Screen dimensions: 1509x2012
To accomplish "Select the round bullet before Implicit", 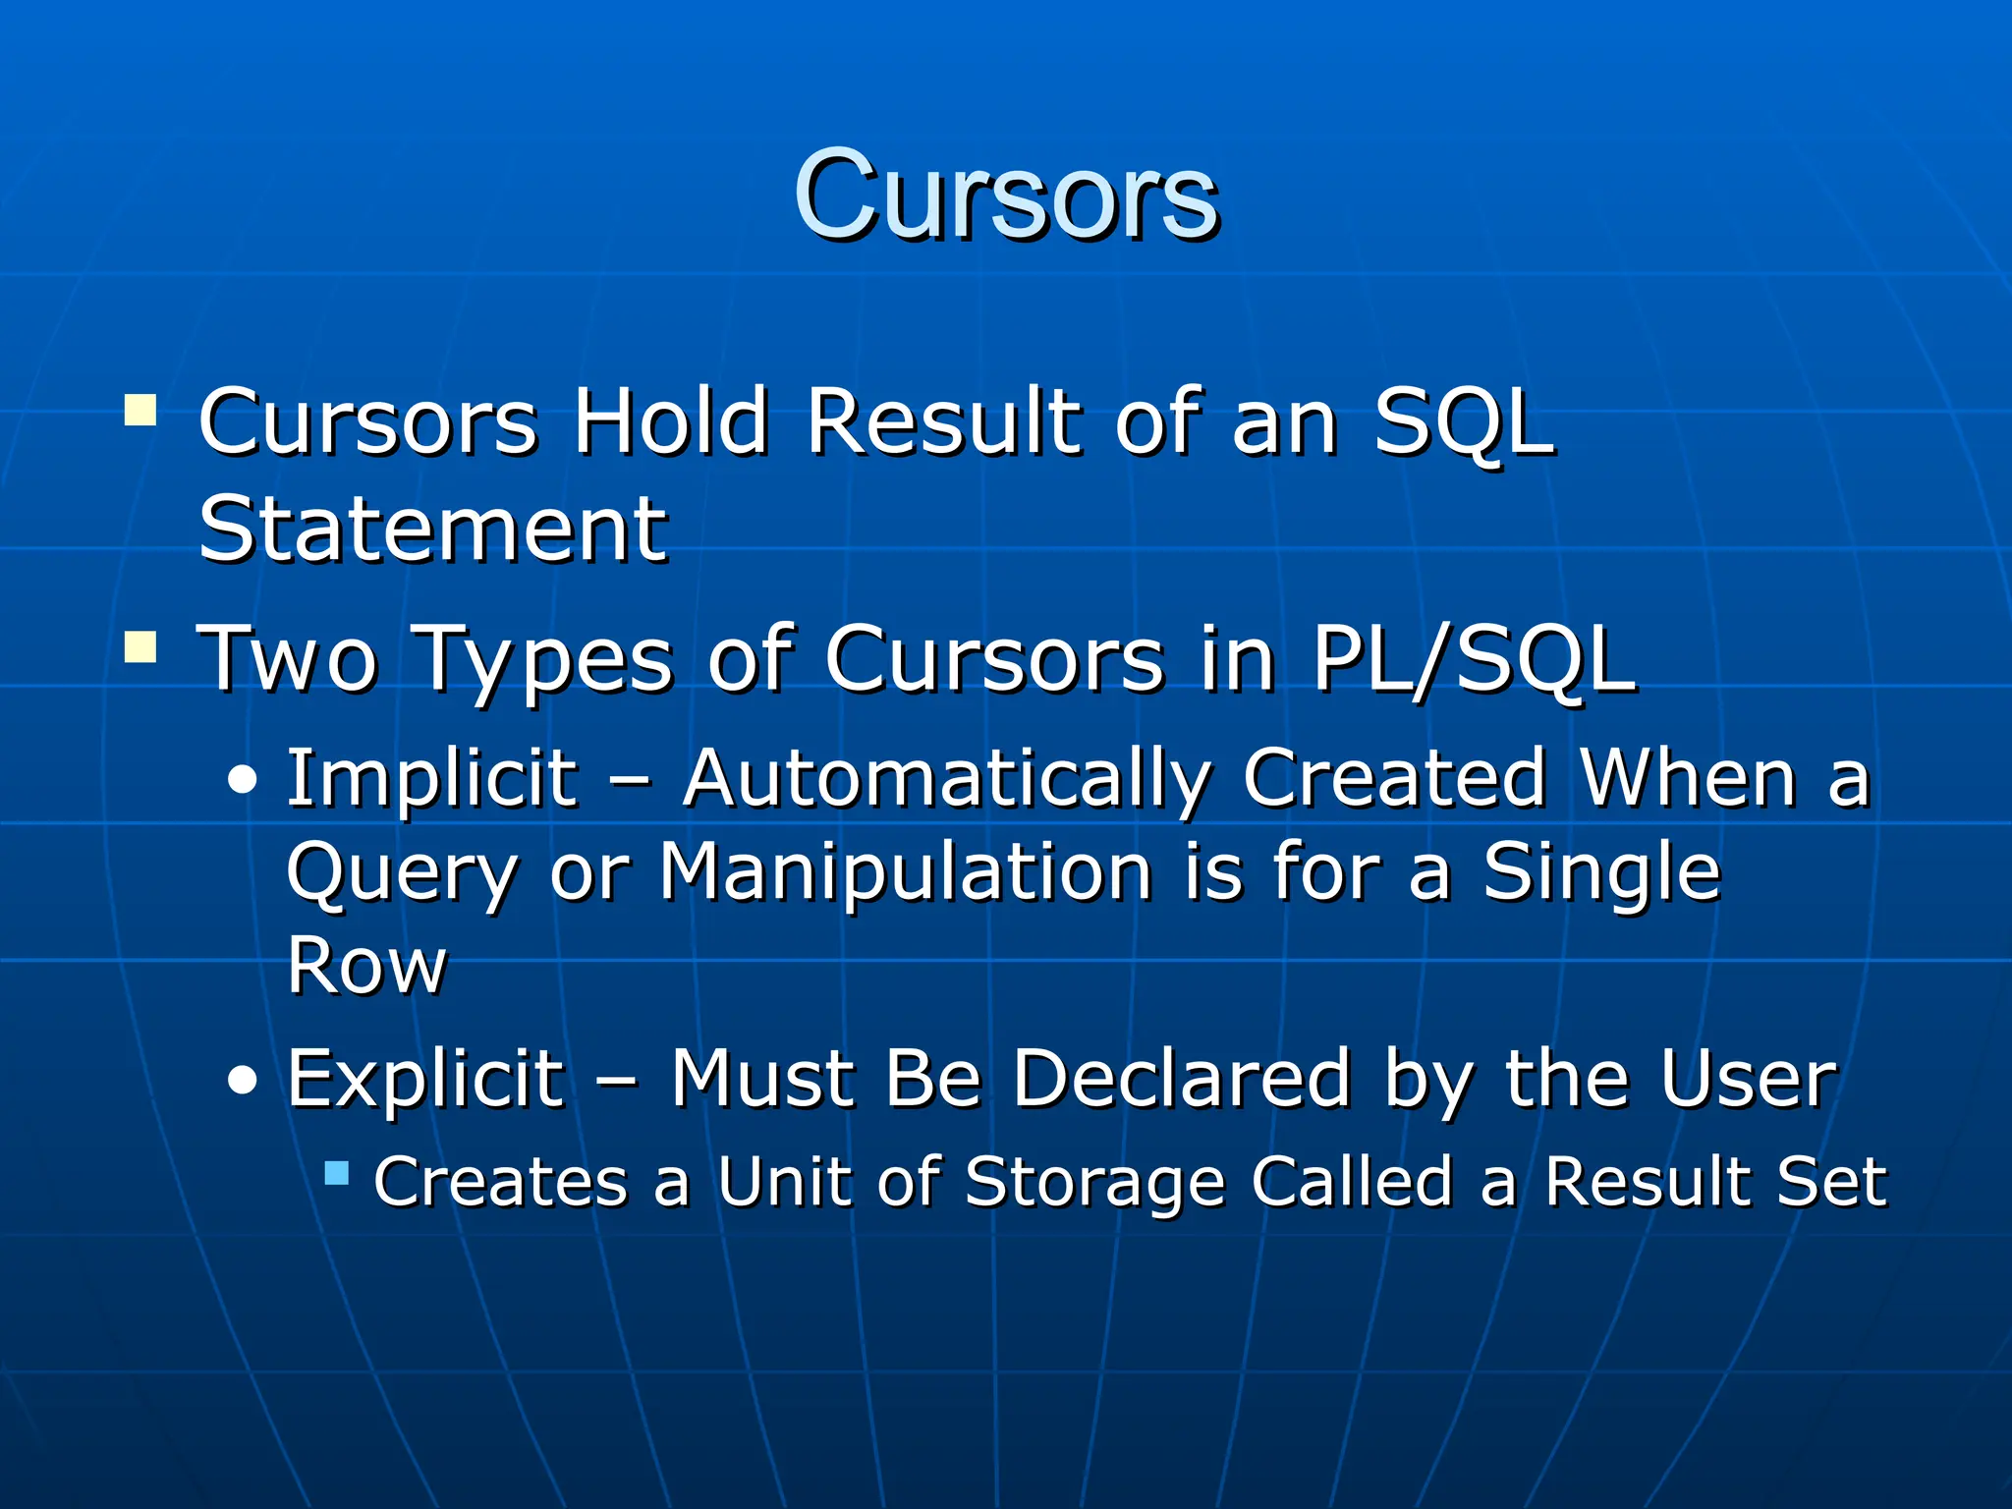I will pos(243,782).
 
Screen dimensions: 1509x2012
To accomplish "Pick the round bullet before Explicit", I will pos(243,1082).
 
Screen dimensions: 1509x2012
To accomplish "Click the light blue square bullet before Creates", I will pos(337,1173).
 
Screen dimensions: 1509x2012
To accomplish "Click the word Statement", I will pos(433,530).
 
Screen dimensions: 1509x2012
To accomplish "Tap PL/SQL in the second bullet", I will pos(1474,659).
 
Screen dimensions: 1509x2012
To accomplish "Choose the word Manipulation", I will pos(905,872).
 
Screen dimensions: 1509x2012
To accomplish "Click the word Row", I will pos(367,965).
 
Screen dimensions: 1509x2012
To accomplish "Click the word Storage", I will pos(1094,1183).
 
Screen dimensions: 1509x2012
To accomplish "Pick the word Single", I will pos(1601,872).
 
